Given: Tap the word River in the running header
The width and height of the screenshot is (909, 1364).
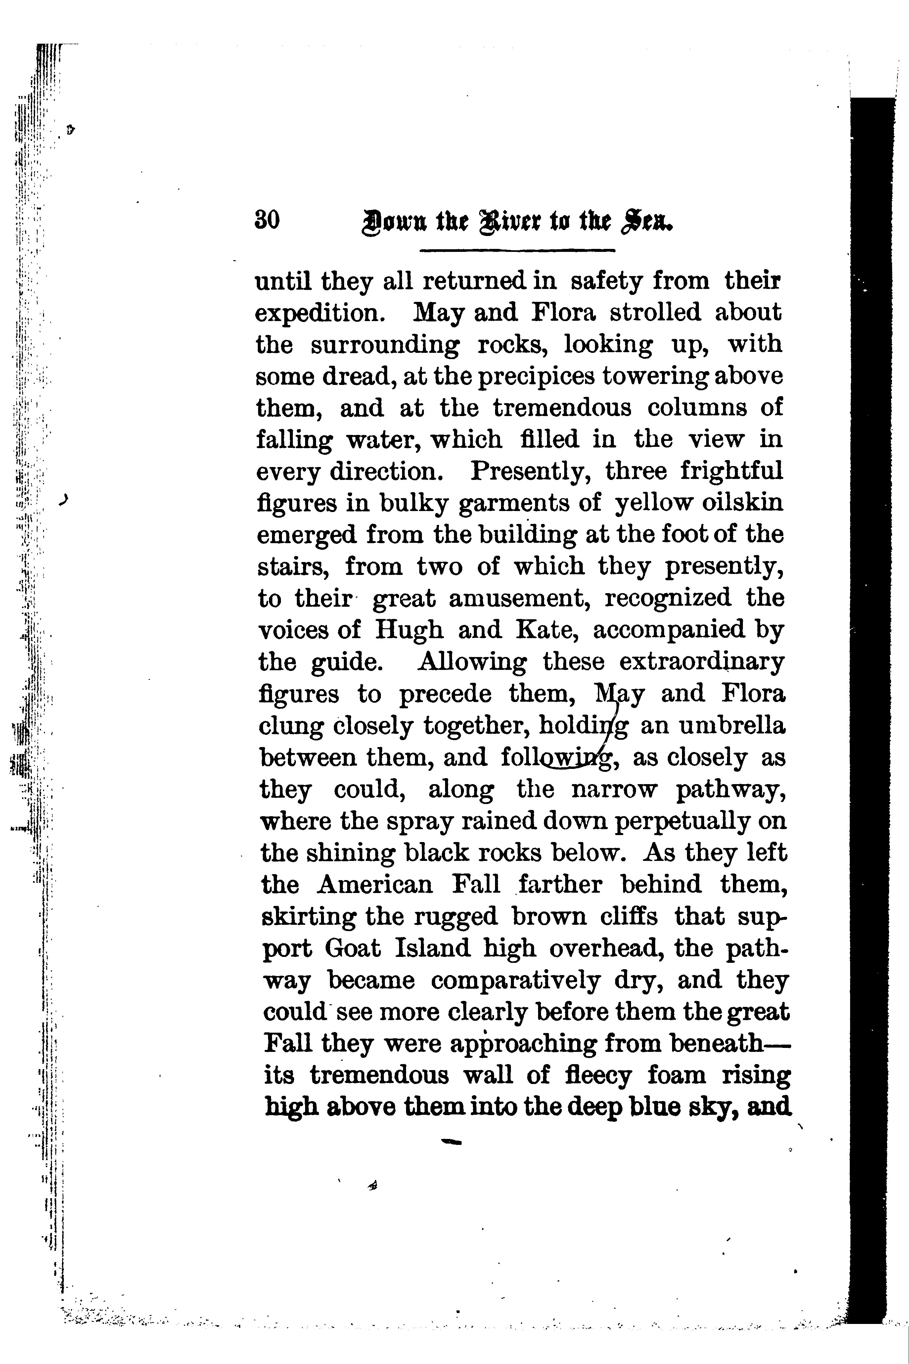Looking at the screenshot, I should coord(508,222).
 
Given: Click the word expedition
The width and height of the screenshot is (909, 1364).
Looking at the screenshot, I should coord(319,313).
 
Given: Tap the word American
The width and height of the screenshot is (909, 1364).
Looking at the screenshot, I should coord(375,885).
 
